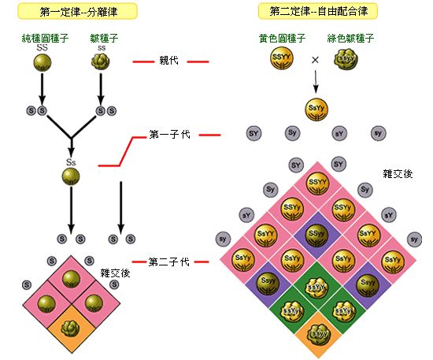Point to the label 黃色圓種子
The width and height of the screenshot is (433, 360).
click(x=281, y=37)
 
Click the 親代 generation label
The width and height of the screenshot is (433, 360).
click(x=170, y=60)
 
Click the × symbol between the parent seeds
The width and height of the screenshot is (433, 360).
click(x=315, y=60)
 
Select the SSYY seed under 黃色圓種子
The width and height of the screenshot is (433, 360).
click(x=282, y=60)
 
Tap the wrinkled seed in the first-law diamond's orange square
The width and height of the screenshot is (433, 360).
click(x=72, y=325)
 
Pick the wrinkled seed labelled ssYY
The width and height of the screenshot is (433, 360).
click(x=316, y=286)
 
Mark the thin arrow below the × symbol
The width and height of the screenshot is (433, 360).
click(x=316, y=80)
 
